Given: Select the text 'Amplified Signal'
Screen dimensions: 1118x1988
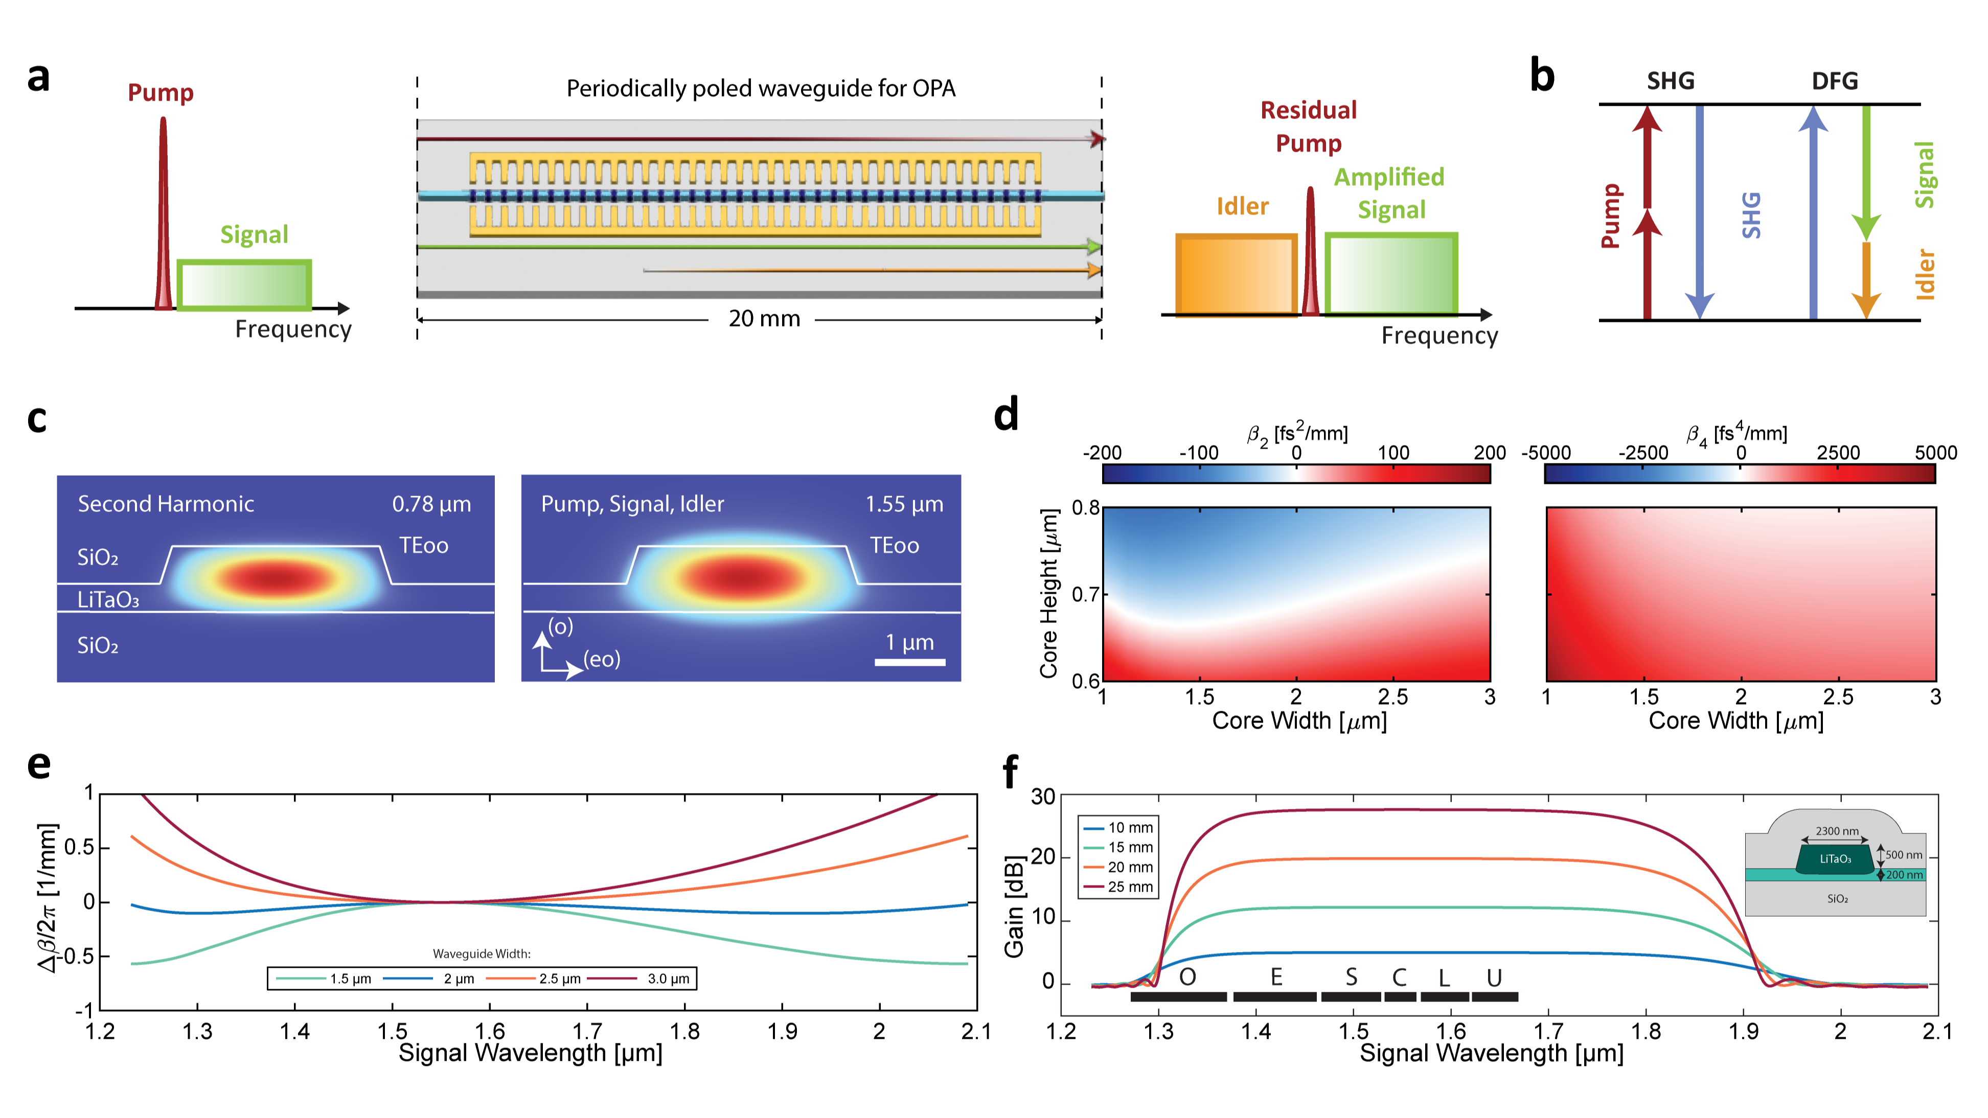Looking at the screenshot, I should (1389, 193).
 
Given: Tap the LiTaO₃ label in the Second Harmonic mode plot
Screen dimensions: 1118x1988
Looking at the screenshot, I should (107, 599).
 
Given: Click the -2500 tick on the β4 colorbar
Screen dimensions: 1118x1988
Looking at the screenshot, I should (1642, 453).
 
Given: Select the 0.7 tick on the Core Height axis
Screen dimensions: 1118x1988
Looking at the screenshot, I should (1085, 595).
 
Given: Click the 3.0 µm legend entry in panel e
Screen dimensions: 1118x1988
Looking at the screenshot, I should (668, 979).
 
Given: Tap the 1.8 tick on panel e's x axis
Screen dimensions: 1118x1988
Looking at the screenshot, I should (684, 1032).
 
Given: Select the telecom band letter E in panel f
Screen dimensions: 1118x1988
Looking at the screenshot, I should (1276, 977).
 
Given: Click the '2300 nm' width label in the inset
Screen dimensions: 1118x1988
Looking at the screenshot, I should (1836, 831).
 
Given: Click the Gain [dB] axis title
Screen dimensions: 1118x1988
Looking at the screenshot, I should (1014, 906).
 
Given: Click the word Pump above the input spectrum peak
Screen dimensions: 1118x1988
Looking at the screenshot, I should (161, 92).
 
